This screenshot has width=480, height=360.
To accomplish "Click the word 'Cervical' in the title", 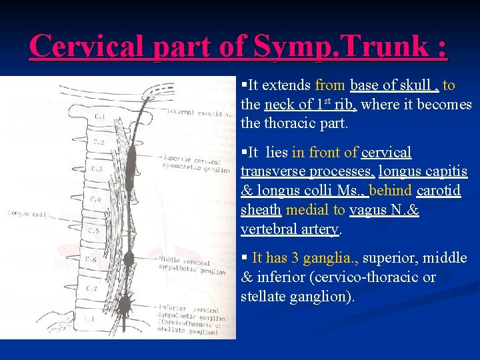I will (87, 46).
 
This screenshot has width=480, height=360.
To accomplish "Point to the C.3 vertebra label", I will (96, 169).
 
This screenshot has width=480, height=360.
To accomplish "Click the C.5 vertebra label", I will (94, 230).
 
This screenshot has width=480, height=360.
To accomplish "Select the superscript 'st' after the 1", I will (327, 101).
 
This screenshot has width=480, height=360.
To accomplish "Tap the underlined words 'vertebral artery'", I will (291, 229).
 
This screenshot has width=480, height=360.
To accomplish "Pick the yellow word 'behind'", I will (391, 191).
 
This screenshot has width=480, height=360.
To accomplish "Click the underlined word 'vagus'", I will (371, 210).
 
